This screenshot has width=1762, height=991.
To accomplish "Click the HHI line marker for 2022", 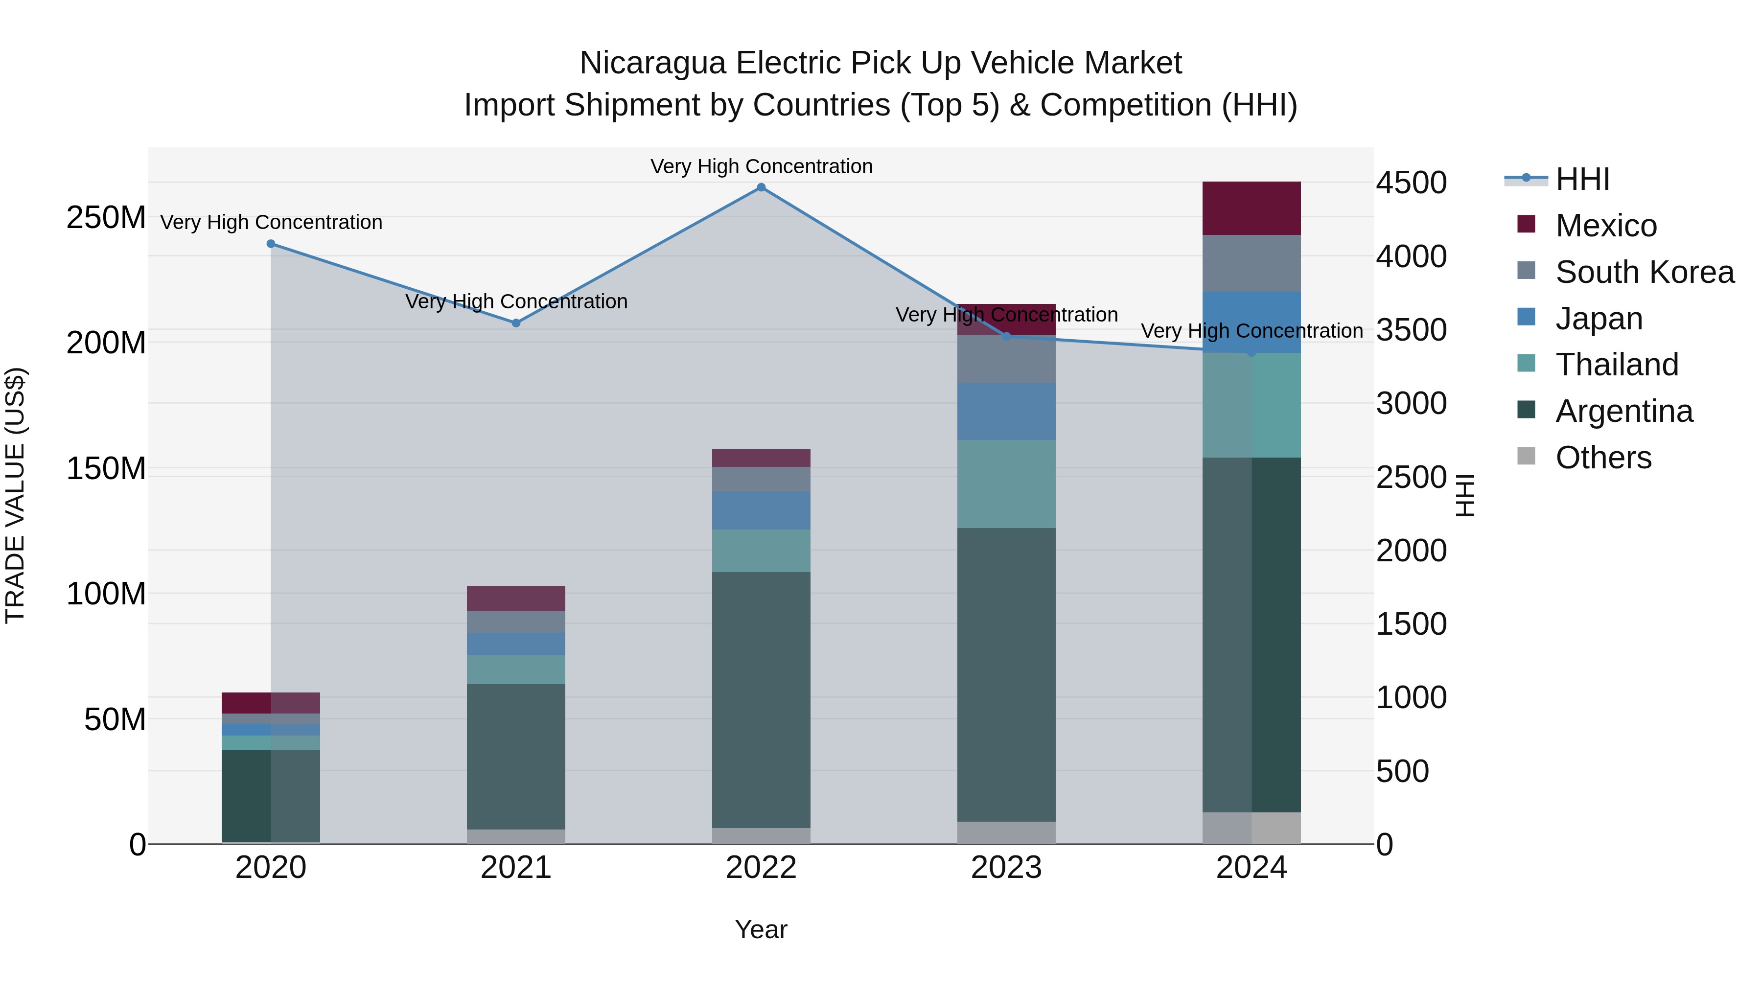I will pos(761,187).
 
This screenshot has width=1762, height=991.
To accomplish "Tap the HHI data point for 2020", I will pos(271,244).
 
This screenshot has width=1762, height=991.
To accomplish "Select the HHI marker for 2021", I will pos(516,323).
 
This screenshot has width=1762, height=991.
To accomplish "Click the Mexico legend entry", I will pos(1605,226).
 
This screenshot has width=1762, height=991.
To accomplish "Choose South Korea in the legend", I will pos(1645,272).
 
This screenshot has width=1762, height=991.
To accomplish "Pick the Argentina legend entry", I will pos(1624,411).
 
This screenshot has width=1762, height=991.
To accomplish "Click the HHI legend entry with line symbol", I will pos(1581,179).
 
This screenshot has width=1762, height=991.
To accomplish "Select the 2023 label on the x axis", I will pos(1006,868).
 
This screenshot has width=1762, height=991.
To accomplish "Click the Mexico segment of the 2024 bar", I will pos(1251,208).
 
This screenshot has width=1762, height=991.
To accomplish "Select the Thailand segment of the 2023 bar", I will pos(1006,484).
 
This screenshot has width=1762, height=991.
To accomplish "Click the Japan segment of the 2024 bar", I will pos(1251,322).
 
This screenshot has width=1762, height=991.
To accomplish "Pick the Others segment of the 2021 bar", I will pos(516,836).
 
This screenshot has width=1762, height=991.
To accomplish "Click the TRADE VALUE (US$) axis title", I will pos(15,495).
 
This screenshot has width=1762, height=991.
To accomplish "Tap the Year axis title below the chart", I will pos(761,929).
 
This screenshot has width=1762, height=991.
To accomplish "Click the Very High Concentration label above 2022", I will pos(761,166).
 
